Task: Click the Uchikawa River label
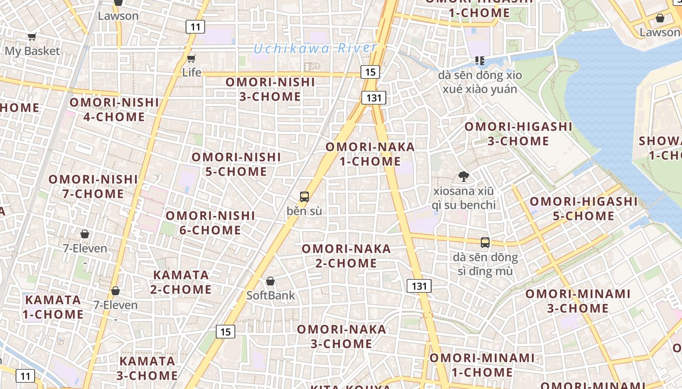(x=315, y=48)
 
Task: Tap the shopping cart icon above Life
(x=191, y=59)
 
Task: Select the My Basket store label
(x=32, y=51)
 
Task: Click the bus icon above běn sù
(x=304, y=197)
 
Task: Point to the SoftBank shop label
(x=270, y=295)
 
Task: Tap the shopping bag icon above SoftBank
(x=270, y=281)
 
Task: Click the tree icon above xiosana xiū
(x=463, y=177)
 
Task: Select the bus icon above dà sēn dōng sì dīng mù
(x=485, y=242)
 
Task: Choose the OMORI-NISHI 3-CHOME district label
(x=270, y=89)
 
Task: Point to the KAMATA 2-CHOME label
(x=181, y=282)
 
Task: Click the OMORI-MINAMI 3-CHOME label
(x=578, y=301)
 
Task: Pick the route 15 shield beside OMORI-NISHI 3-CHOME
(x=370, y=72)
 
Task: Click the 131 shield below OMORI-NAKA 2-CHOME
(x=419, y=286)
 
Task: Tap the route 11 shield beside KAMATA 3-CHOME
(x=25, y=375)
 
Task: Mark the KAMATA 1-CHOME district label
(x=53, y=307)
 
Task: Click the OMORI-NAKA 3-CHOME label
(x=341, y=336)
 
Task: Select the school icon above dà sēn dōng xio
(x=480, y=61)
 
